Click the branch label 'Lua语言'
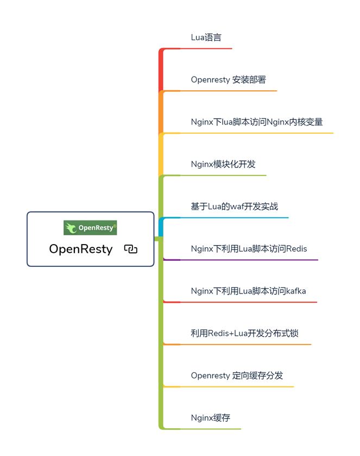[206, 38]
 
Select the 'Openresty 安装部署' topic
[228, 80]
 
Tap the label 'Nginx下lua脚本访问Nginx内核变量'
[256, 122]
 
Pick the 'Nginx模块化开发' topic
[223, 164]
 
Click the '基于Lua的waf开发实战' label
[234, 207]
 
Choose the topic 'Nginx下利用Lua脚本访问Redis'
[249, 249]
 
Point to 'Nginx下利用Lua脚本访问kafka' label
[248, 291]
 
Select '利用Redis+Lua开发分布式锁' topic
[244, 333]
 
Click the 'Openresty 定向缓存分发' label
[237, 376]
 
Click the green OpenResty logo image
[90, 228]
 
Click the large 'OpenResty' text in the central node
[81, 249]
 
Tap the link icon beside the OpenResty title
[130, 249]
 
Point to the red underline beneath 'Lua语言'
[206, 48]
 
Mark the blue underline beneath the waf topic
[234, 217]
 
